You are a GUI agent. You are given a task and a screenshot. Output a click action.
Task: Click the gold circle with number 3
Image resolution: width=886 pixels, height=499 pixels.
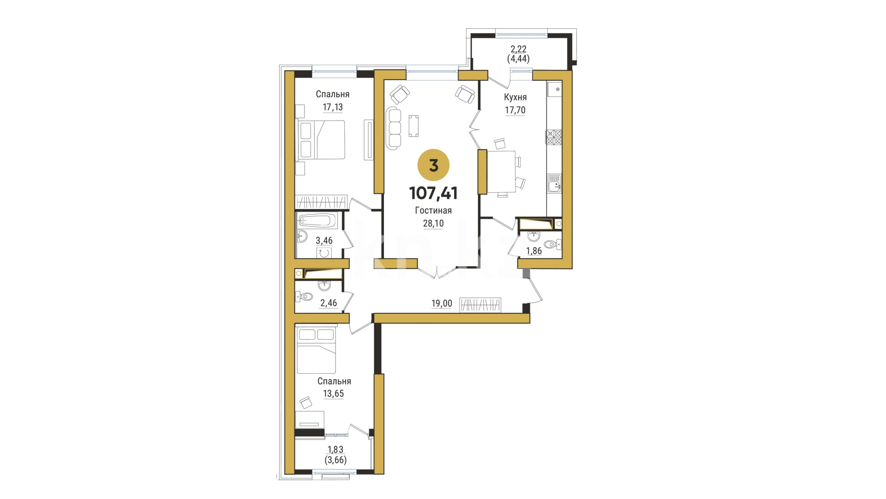click(433, 165)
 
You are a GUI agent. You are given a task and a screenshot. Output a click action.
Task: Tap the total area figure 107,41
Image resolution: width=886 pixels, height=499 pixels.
click(433, 193)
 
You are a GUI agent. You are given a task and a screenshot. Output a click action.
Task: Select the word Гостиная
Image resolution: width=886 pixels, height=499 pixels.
click(433, 211)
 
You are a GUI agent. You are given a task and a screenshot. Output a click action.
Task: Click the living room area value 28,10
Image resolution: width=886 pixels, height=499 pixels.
click(433, 224)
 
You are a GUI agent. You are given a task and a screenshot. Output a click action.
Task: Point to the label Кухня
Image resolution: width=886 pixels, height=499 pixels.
click(515, 97)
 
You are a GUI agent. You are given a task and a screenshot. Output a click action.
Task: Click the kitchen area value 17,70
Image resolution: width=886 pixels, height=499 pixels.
click(515, 110)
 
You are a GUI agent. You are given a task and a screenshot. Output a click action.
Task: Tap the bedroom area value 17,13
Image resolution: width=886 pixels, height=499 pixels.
click(333, 107)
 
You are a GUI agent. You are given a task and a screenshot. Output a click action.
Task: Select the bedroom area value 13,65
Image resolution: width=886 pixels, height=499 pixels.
click(334, 394)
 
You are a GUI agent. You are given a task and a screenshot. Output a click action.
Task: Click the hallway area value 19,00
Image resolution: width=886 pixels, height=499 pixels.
click(442, 304)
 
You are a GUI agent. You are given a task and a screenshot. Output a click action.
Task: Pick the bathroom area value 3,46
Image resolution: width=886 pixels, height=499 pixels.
click(324, 240)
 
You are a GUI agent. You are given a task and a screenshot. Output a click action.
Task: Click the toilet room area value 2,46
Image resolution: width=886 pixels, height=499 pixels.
click(329, 303)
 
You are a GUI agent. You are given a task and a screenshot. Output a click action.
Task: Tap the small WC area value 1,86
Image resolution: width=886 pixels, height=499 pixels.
click(534, 251)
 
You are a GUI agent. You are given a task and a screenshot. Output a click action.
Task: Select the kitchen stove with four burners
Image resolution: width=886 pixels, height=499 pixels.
click(554, 138)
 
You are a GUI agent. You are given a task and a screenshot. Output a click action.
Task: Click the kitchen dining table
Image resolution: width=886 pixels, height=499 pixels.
click(501, 171)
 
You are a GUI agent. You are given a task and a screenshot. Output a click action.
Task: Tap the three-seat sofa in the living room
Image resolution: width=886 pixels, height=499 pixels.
click(394, 128)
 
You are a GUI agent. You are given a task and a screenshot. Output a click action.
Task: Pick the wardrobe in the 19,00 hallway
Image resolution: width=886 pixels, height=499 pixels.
click(480, 305)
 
